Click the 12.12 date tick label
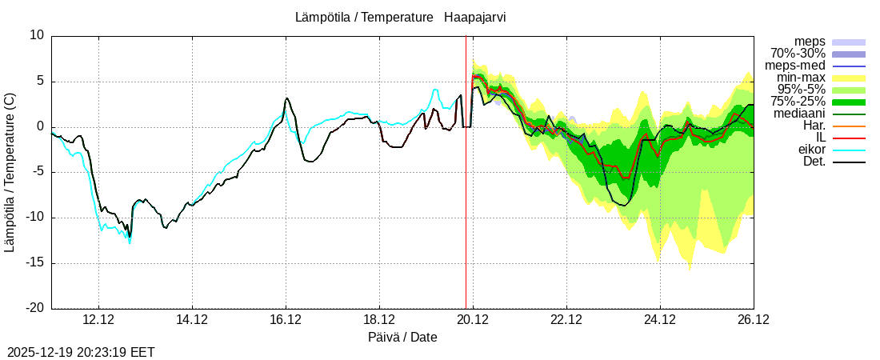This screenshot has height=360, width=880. (98, 320)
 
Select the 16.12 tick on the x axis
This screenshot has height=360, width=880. (286, 320)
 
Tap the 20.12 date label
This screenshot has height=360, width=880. (473, 320)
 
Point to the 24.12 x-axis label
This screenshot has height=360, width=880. (660, 320)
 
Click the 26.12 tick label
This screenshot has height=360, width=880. (754, 320)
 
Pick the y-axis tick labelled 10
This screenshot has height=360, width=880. (37, 35)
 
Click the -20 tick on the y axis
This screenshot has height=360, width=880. (34, 308)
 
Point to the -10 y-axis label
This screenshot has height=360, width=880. (34, 218)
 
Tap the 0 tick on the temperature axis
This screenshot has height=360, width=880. (41, 126)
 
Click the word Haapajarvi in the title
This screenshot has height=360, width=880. (475, 17)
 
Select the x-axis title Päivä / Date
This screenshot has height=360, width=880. (402, 337)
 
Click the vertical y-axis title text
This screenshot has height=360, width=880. (10, 172)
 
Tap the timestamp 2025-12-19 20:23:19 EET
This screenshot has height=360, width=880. (81, 352)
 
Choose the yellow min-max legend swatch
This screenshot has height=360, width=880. (849, 78)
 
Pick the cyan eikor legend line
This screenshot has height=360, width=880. (849, 150)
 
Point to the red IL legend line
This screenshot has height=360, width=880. (849, 138)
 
